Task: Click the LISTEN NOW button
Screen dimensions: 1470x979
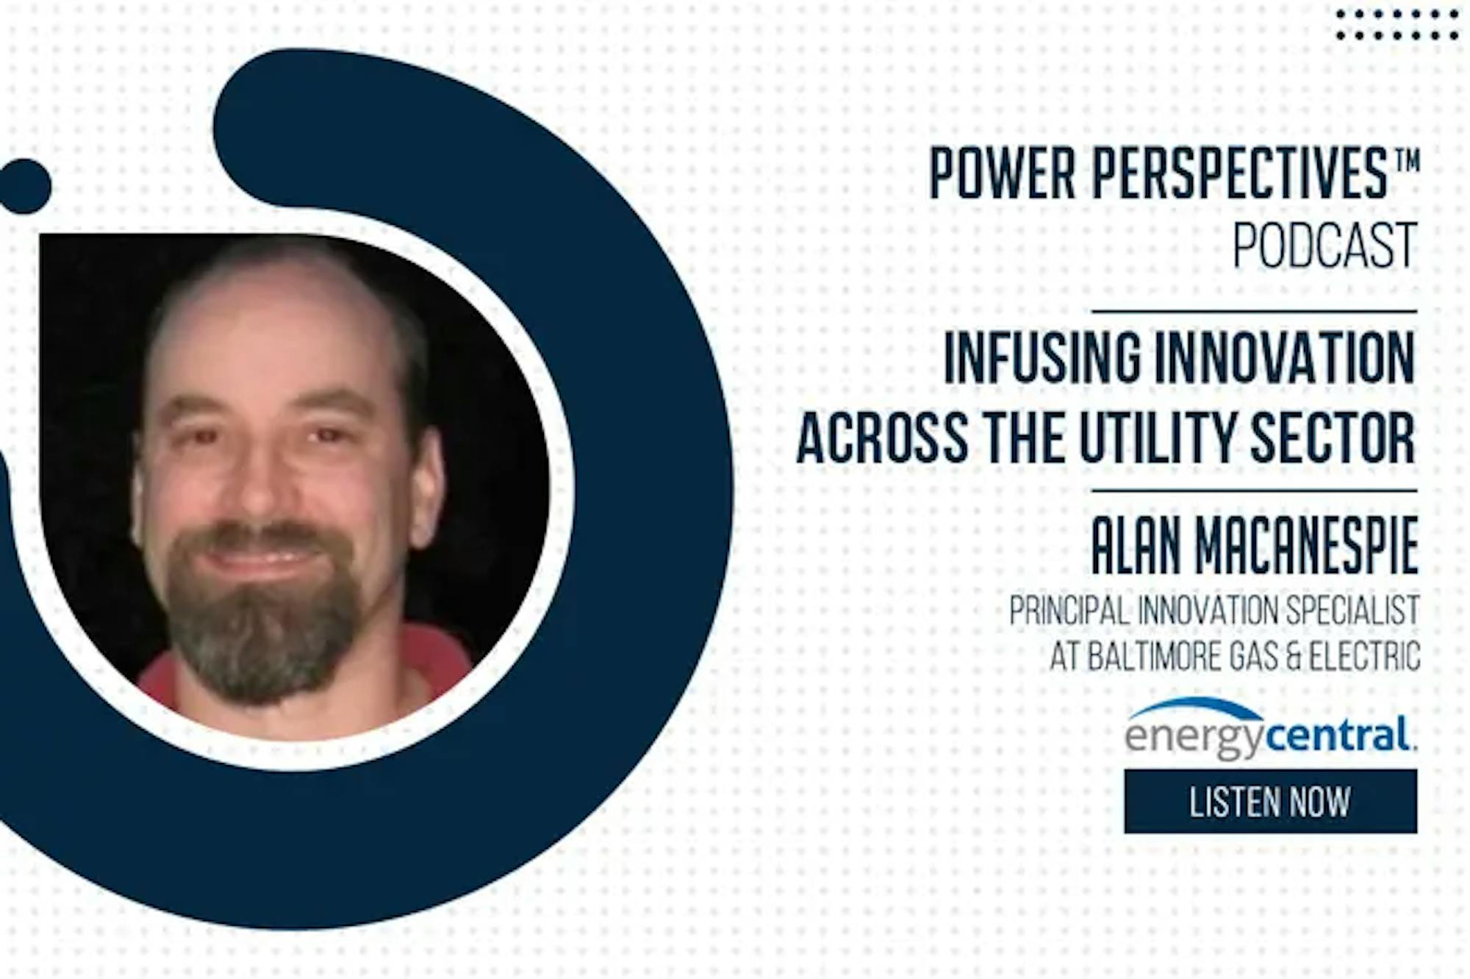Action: [1270, 801]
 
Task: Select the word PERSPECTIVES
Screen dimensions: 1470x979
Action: [1239, 173]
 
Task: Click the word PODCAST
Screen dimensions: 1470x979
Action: [1324, 245]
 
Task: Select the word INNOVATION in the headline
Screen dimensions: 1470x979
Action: [1285, 358]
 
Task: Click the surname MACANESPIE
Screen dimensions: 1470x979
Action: [1307, 546]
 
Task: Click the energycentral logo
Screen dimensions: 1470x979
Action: [1269, 728]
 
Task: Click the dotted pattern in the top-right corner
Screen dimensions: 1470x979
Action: [1396, 24]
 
